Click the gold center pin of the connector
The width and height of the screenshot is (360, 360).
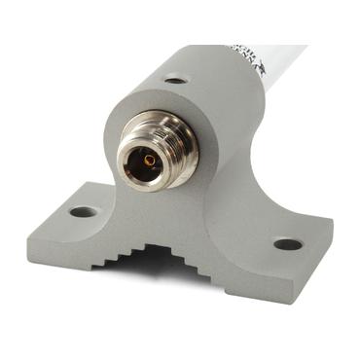click(150, 160)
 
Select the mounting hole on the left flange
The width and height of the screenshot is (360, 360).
click(83, 211)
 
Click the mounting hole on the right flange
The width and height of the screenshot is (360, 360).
click(287, 244)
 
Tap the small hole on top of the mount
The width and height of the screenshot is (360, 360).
click(175, 79)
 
